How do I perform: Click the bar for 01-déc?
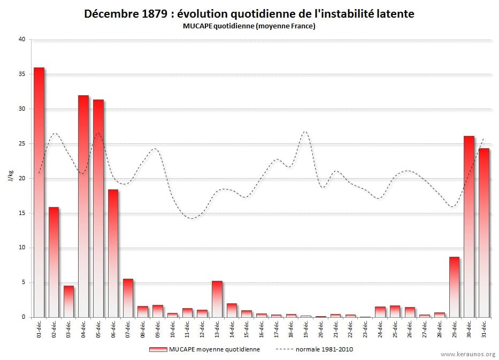(x=39, y=193)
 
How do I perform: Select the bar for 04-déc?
(x=83, y=206)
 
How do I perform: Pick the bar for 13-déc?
(x=217, y=299)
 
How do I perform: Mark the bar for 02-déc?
(x=53, y=262)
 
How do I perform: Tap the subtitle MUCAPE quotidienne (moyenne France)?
(x=249, y=26)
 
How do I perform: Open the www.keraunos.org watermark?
(x=468, y=354)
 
